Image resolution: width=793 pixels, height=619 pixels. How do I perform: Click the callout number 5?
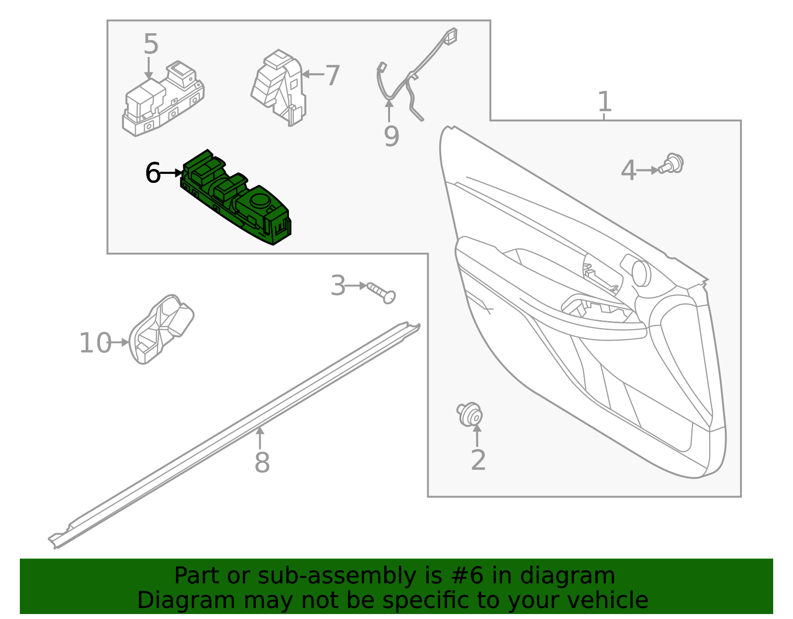151,45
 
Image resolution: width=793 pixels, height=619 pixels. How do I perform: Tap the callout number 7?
332,76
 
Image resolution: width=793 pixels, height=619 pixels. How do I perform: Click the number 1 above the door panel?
604,102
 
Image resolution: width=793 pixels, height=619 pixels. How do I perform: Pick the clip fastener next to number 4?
673,164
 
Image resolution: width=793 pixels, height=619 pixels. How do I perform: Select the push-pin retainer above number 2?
469,414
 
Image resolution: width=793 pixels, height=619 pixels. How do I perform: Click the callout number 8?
262,463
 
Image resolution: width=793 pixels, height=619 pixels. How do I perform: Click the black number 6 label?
153,173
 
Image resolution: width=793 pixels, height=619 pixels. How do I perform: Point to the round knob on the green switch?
259,200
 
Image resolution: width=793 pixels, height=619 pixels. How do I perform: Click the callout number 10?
95,343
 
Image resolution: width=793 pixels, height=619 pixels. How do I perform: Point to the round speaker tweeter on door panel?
641,273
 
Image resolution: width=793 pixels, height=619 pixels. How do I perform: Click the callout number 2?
478,460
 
